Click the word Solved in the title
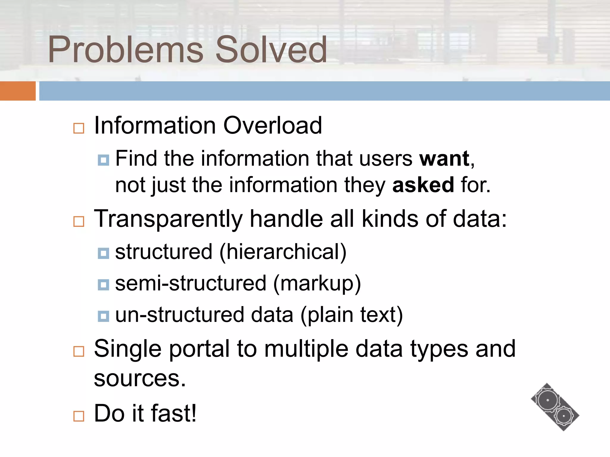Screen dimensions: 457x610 coord(271,50)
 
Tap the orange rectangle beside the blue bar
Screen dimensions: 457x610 coord(18,91)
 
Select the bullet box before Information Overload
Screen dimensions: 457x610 coord(79,128)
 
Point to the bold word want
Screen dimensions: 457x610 coord(444,159)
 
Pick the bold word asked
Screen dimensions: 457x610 coord(423,185)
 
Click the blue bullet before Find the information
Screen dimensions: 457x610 coord(103,160)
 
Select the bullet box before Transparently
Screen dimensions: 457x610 coord(79,221)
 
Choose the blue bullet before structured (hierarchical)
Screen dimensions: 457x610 coord(103,253)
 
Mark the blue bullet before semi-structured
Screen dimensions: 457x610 coord(103,285)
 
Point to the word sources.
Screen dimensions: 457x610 coord(140,378)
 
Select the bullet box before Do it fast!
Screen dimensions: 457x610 coord(79,416)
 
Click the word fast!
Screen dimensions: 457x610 coord(174,413)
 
